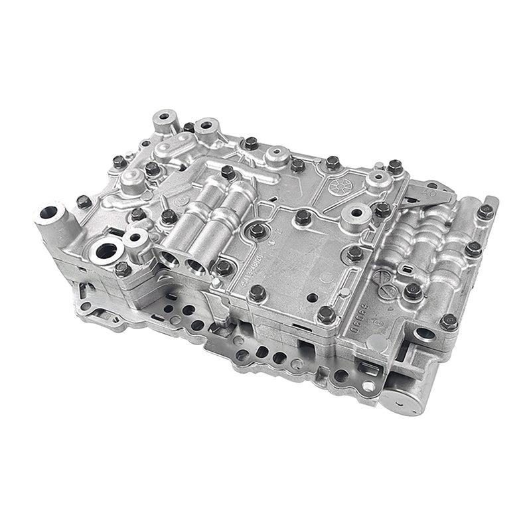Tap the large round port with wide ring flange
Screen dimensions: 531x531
coord(108,251)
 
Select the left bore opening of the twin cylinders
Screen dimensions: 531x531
coord(169,258)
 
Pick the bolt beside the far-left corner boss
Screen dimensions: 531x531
coord(84,202)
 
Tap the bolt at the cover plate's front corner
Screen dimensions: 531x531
coord(325,315)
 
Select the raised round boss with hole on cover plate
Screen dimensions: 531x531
coord(355,214)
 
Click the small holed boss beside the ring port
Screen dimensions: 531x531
coord(135,236)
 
